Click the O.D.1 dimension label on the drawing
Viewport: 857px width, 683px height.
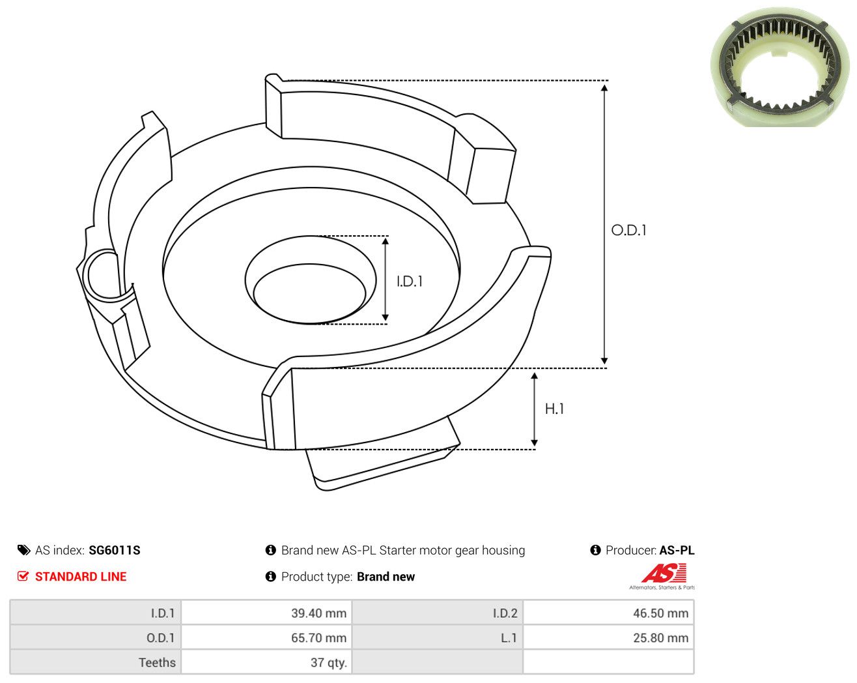628,230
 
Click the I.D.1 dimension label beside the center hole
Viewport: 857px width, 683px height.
410,282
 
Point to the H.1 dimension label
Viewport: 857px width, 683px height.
554,409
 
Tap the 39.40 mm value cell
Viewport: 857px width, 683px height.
266,613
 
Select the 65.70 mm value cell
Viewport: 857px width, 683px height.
266,637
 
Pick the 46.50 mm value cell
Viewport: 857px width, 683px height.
608,613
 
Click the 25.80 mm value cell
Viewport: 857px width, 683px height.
608,637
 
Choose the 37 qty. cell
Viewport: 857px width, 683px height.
266,662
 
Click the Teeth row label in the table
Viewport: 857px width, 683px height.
157,662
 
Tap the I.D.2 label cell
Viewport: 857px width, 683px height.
437,613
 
